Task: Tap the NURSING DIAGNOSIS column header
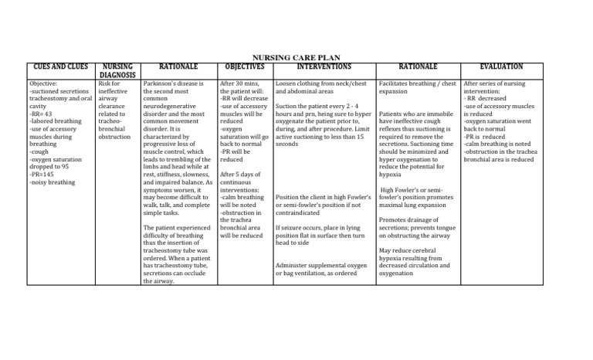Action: pos(118,71)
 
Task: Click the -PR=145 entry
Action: pos(43,175)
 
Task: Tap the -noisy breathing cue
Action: pos(52,182)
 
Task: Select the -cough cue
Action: pos(39,152)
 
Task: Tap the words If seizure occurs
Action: pos(297,229)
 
